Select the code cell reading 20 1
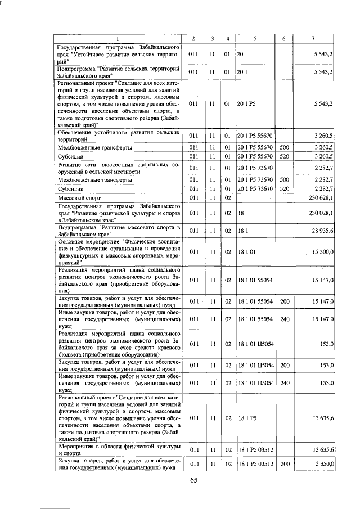tap(242, 73)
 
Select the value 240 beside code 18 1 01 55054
tap(285, 319)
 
